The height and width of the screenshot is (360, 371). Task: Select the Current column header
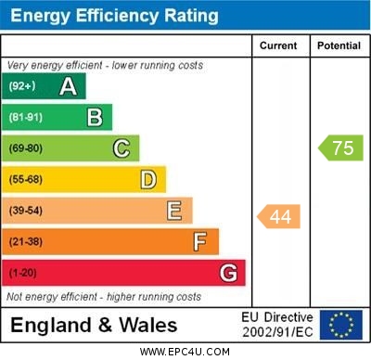278,45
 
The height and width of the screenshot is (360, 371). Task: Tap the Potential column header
339,45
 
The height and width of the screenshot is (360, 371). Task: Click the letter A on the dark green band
68,86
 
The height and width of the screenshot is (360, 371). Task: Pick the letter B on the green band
95,117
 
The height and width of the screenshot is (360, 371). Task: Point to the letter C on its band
122,148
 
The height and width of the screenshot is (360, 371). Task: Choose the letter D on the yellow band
148,179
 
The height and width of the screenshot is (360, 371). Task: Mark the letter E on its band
174,211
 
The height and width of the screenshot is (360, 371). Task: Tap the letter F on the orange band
200,241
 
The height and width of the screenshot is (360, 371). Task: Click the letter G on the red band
228,273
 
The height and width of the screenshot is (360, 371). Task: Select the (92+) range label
22,86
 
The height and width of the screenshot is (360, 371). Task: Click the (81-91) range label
25,118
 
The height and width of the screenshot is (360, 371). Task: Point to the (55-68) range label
25,180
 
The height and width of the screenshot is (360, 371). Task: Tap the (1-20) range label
22,274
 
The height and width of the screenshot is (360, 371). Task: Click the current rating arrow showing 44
278,216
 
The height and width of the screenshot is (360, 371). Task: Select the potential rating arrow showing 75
340,148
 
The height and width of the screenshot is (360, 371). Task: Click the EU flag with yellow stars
341,325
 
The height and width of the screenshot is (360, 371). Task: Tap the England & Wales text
94,325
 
